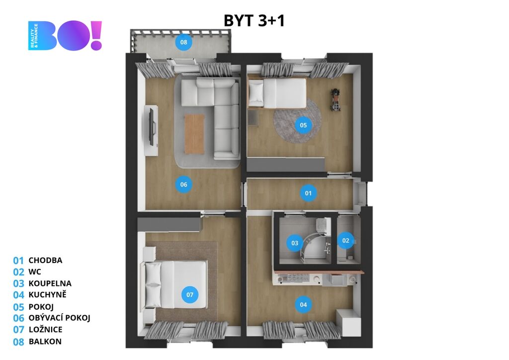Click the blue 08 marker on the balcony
(184, 42)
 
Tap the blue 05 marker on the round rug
(303, 125)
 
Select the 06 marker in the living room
(184, 184)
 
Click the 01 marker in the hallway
(308, 193)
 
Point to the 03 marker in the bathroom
(294, 243)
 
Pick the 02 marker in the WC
(345, 241)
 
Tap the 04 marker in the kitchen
(303, 304)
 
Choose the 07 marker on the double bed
(189, 295)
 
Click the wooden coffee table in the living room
(194, 134)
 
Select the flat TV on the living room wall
(151, 127)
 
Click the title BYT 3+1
(254, 21)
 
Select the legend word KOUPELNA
(50, 283)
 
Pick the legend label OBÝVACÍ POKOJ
(60, 318)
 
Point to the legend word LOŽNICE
(45, 330)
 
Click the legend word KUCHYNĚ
(47, 294)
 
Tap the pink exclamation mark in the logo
(96, 36)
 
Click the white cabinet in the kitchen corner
(348, 323)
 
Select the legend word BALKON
(45, 342)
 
